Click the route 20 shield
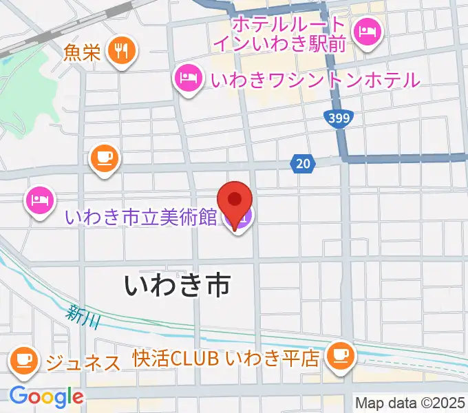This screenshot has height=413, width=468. (303, 163)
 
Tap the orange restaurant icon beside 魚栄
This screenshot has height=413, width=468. (123, 50)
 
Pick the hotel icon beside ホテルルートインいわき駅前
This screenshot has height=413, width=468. (366, 30)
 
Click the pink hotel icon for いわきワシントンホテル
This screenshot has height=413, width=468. (187, 78)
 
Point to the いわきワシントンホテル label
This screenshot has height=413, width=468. (315, 80)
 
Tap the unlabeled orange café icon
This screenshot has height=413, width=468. (105, 158)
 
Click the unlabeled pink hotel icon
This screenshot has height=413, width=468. (38, 200)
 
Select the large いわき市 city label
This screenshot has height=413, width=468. (177, 284)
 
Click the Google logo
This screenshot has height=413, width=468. (45, 396)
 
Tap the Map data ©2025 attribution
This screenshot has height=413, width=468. (410, 403)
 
